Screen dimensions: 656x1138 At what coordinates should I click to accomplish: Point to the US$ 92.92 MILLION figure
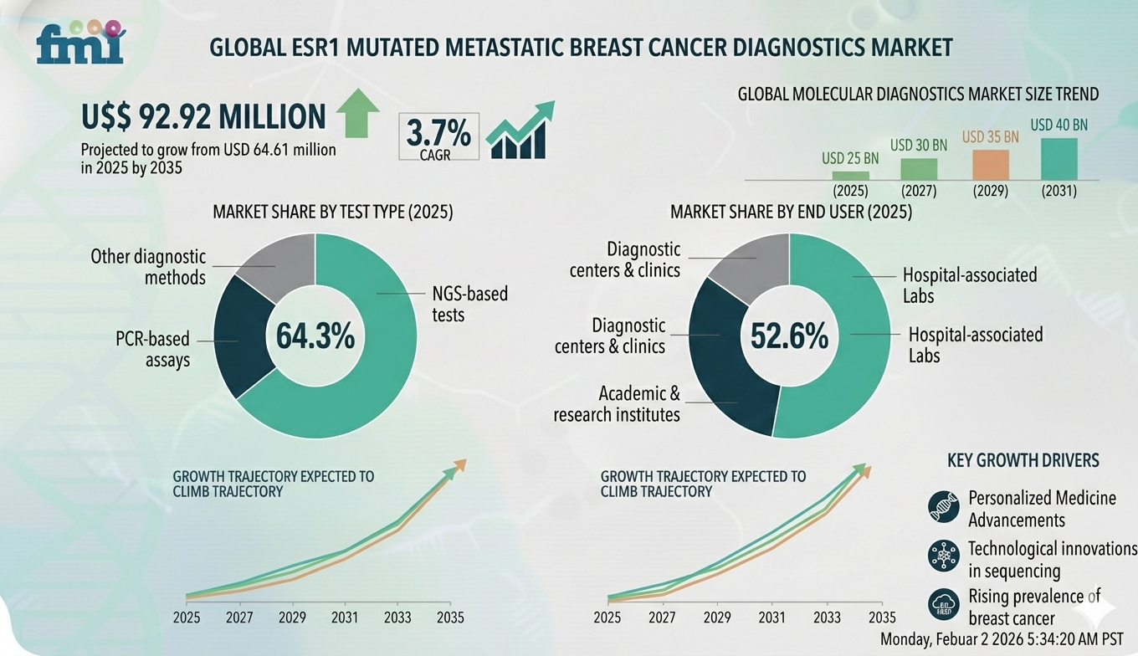coord(203,117)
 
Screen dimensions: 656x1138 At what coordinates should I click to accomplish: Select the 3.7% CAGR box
coord(438,136)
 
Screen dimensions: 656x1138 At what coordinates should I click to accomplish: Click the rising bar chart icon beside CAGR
coord(520,131)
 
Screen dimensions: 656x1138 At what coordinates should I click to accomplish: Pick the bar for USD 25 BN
coord(850,175)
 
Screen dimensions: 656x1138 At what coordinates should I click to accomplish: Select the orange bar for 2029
coord(990,165)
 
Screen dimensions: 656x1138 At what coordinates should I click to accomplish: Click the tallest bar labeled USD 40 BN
coord(1059,159)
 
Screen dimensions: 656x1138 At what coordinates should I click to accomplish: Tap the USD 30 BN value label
coord(919,146)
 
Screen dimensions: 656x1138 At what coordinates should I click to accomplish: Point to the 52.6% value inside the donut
coord(789,336)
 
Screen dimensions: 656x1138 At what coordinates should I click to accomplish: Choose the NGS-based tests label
coord(469,305)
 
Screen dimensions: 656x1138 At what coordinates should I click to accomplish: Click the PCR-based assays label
coord(152,350)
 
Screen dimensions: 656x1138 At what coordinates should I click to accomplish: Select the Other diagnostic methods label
coord(148,266)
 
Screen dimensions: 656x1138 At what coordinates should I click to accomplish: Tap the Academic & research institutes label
coord(617,403)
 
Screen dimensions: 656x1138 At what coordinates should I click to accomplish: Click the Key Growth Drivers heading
coord(1023,460)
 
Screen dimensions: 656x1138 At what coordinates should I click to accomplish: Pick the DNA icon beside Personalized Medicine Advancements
coord(943,506)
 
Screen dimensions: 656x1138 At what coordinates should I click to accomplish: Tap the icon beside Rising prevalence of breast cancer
coord(943,605)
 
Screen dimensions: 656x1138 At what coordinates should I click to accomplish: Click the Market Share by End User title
coord(791,212)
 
